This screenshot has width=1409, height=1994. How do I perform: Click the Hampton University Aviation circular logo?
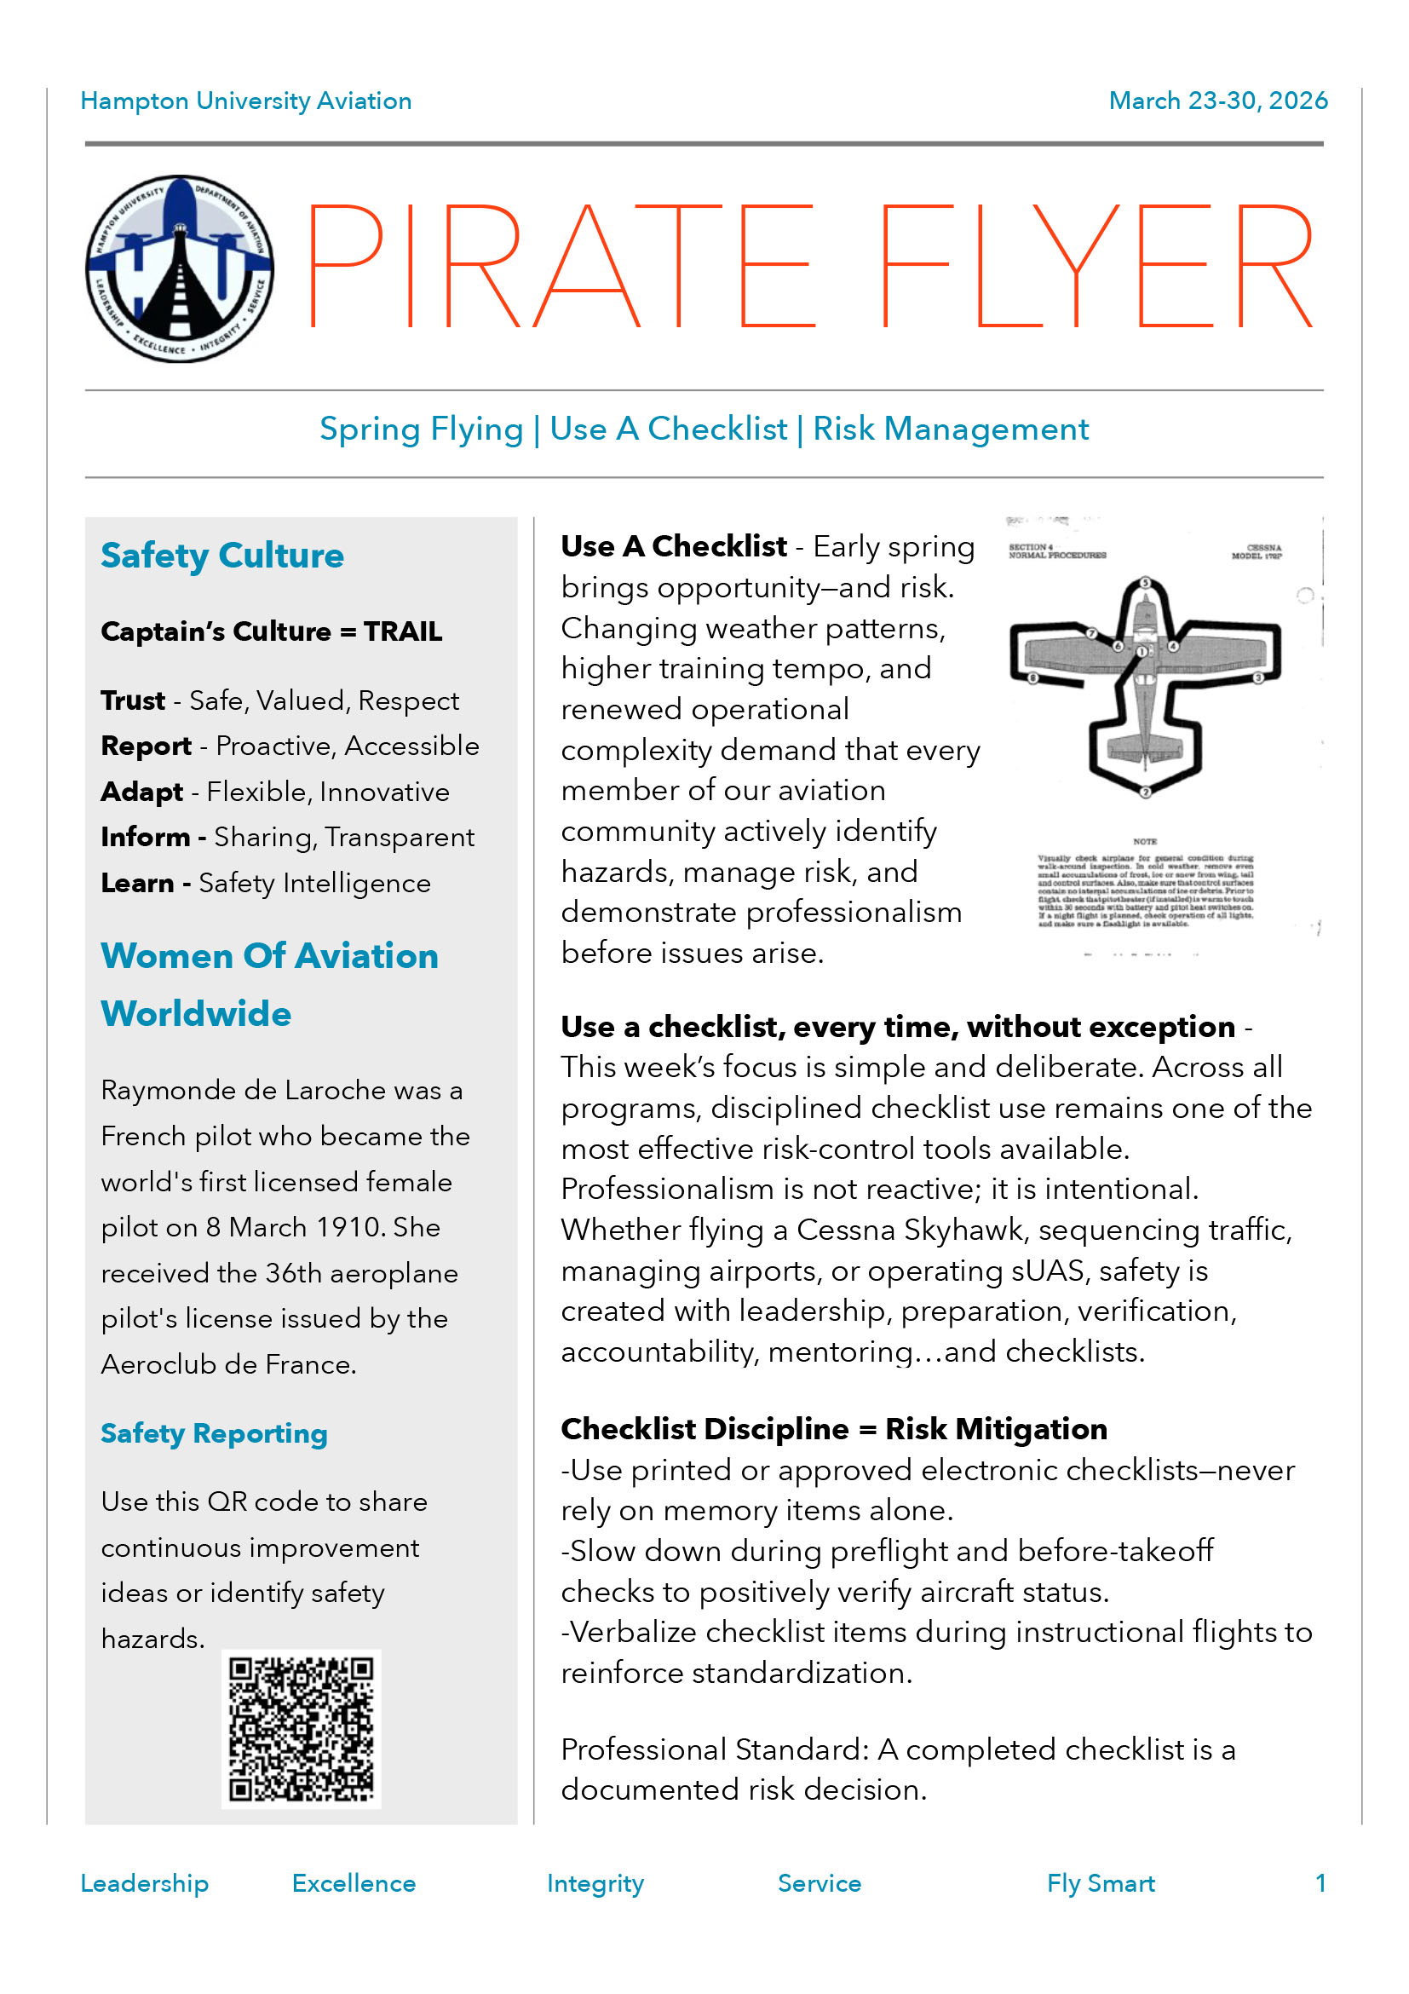click(x=180, y=268)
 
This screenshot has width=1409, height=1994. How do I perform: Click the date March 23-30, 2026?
click(x=1217, y=101)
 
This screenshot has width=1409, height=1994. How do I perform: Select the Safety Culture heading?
click(x=222, y=556)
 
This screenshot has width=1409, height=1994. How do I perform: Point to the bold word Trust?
click(x=133, y=700)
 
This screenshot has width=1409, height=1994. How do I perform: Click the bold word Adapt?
click(x=141, y=792)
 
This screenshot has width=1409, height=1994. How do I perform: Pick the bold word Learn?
click(x=137, y=883)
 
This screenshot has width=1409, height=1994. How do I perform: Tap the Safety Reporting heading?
click(x=214, y=1434)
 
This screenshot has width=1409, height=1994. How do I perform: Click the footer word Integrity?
click(x=595, y=1883)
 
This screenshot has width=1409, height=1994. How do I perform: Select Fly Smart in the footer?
click(x=1100, y=1883)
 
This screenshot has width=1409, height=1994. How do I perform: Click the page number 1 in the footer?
click(x=1320, y=1883)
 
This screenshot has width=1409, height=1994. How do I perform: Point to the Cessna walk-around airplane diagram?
click(x=1144, y=686)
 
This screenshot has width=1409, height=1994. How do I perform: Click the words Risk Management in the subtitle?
click(x=950, y=429)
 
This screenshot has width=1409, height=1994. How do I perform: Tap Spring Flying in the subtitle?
click(x=421, y=429)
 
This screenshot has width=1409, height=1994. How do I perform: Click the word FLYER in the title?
click(x=1096, y=267)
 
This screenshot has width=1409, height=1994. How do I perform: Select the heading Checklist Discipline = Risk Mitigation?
click(x=833, y=1430)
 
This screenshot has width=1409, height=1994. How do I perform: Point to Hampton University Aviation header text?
click(x=245, y=101)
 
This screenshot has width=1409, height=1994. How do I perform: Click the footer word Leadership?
click(x=144, y=1883)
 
